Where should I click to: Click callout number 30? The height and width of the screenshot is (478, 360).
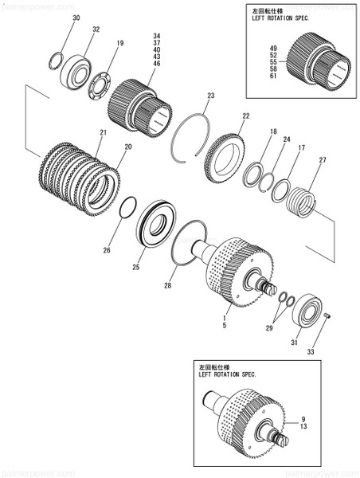pos(76,17)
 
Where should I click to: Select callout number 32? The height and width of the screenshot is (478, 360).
pos(96,29)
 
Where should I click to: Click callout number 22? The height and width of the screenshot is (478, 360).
pos(245,116)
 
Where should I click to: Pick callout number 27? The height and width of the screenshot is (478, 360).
pos(322,160)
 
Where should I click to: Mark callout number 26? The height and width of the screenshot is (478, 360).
pos(107,250)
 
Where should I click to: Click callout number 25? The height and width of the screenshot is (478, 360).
pos(136,266)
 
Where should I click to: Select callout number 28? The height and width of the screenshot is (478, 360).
pos(167,284)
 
